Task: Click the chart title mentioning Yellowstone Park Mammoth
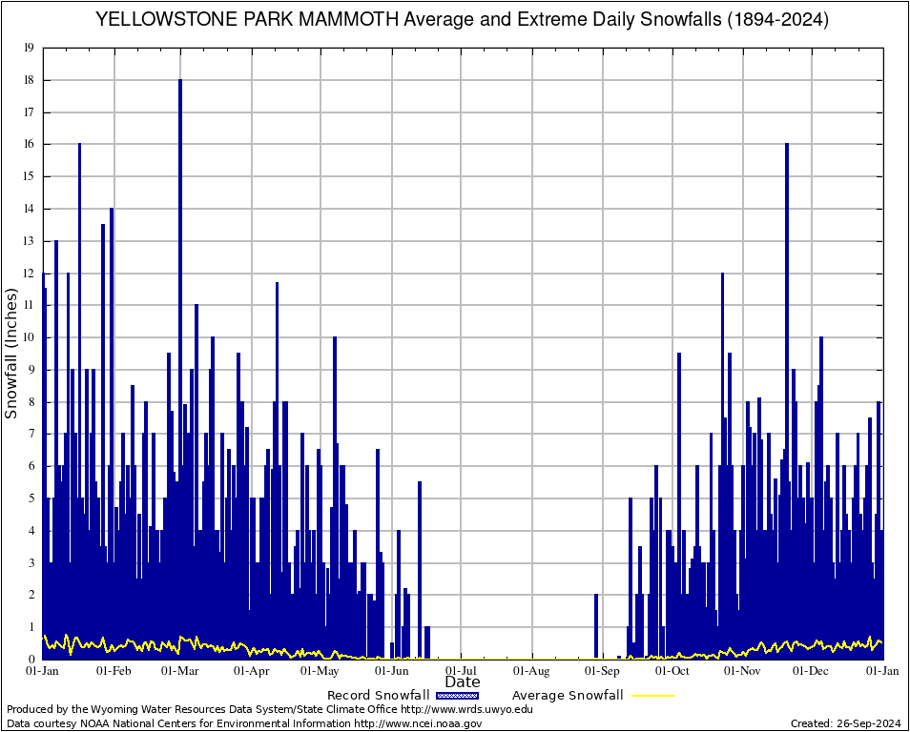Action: tap(462, 19)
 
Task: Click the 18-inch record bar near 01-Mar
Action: tap(180, 286)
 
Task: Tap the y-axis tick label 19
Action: tap(29, 48)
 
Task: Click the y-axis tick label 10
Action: tap(29, 337)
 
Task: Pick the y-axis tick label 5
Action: tap(31, 498)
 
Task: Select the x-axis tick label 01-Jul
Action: tap(462, 671)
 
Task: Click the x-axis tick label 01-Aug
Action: tap(532, 671)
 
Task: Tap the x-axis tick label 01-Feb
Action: tap(114, 671)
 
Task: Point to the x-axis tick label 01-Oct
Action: tap(672, 671)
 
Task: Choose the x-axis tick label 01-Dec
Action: tap(813, 671)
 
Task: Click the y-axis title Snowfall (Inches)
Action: tap(12, 354)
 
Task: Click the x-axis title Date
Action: tap(463, 682)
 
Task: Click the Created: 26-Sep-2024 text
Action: tap(845, 723)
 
